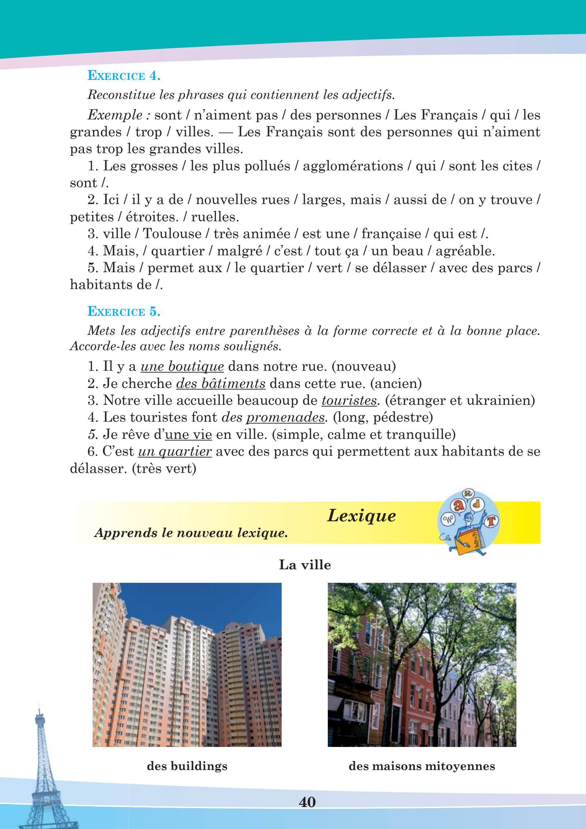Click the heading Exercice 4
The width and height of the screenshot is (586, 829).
click(x=124, y=77)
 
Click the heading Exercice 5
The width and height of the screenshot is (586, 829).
click(x=124, y=312)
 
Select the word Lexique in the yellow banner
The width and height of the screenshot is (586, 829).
click(x=361, y=516)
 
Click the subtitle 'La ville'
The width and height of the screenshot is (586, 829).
click(x=305, y=565)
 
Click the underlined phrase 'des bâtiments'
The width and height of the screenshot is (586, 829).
click(x=221, y=384)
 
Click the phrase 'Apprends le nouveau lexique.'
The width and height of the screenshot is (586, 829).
click(x=190, y=533)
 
